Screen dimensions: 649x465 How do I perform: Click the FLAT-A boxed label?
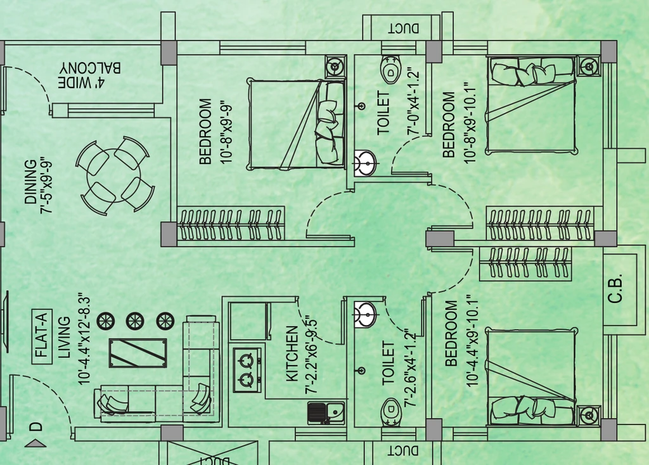[42, 336]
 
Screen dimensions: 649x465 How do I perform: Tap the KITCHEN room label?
[292, 354]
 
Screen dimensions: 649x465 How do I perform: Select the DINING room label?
[30, 182]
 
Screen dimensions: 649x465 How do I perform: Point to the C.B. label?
[615, 288]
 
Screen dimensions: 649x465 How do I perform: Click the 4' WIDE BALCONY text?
[89, 75]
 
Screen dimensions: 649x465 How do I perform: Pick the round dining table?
[113, 175]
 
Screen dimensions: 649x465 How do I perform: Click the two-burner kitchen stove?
[248, 369]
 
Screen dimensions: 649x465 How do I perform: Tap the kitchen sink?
[326, 413]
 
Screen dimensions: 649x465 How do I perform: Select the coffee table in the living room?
[138, 353]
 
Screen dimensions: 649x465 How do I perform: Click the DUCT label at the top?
[404, 28]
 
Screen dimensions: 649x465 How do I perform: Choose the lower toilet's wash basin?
[365, 314]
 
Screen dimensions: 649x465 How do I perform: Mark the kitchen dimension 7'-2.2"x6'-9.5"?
[311, 356]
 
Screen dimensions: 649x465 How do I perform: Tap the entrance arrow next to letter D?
[35, 444]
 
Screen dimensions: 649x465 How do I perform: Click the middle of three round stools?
[135, 321]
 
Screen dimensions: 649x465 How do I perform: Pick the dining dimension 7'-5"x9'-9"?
[47, 186]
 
